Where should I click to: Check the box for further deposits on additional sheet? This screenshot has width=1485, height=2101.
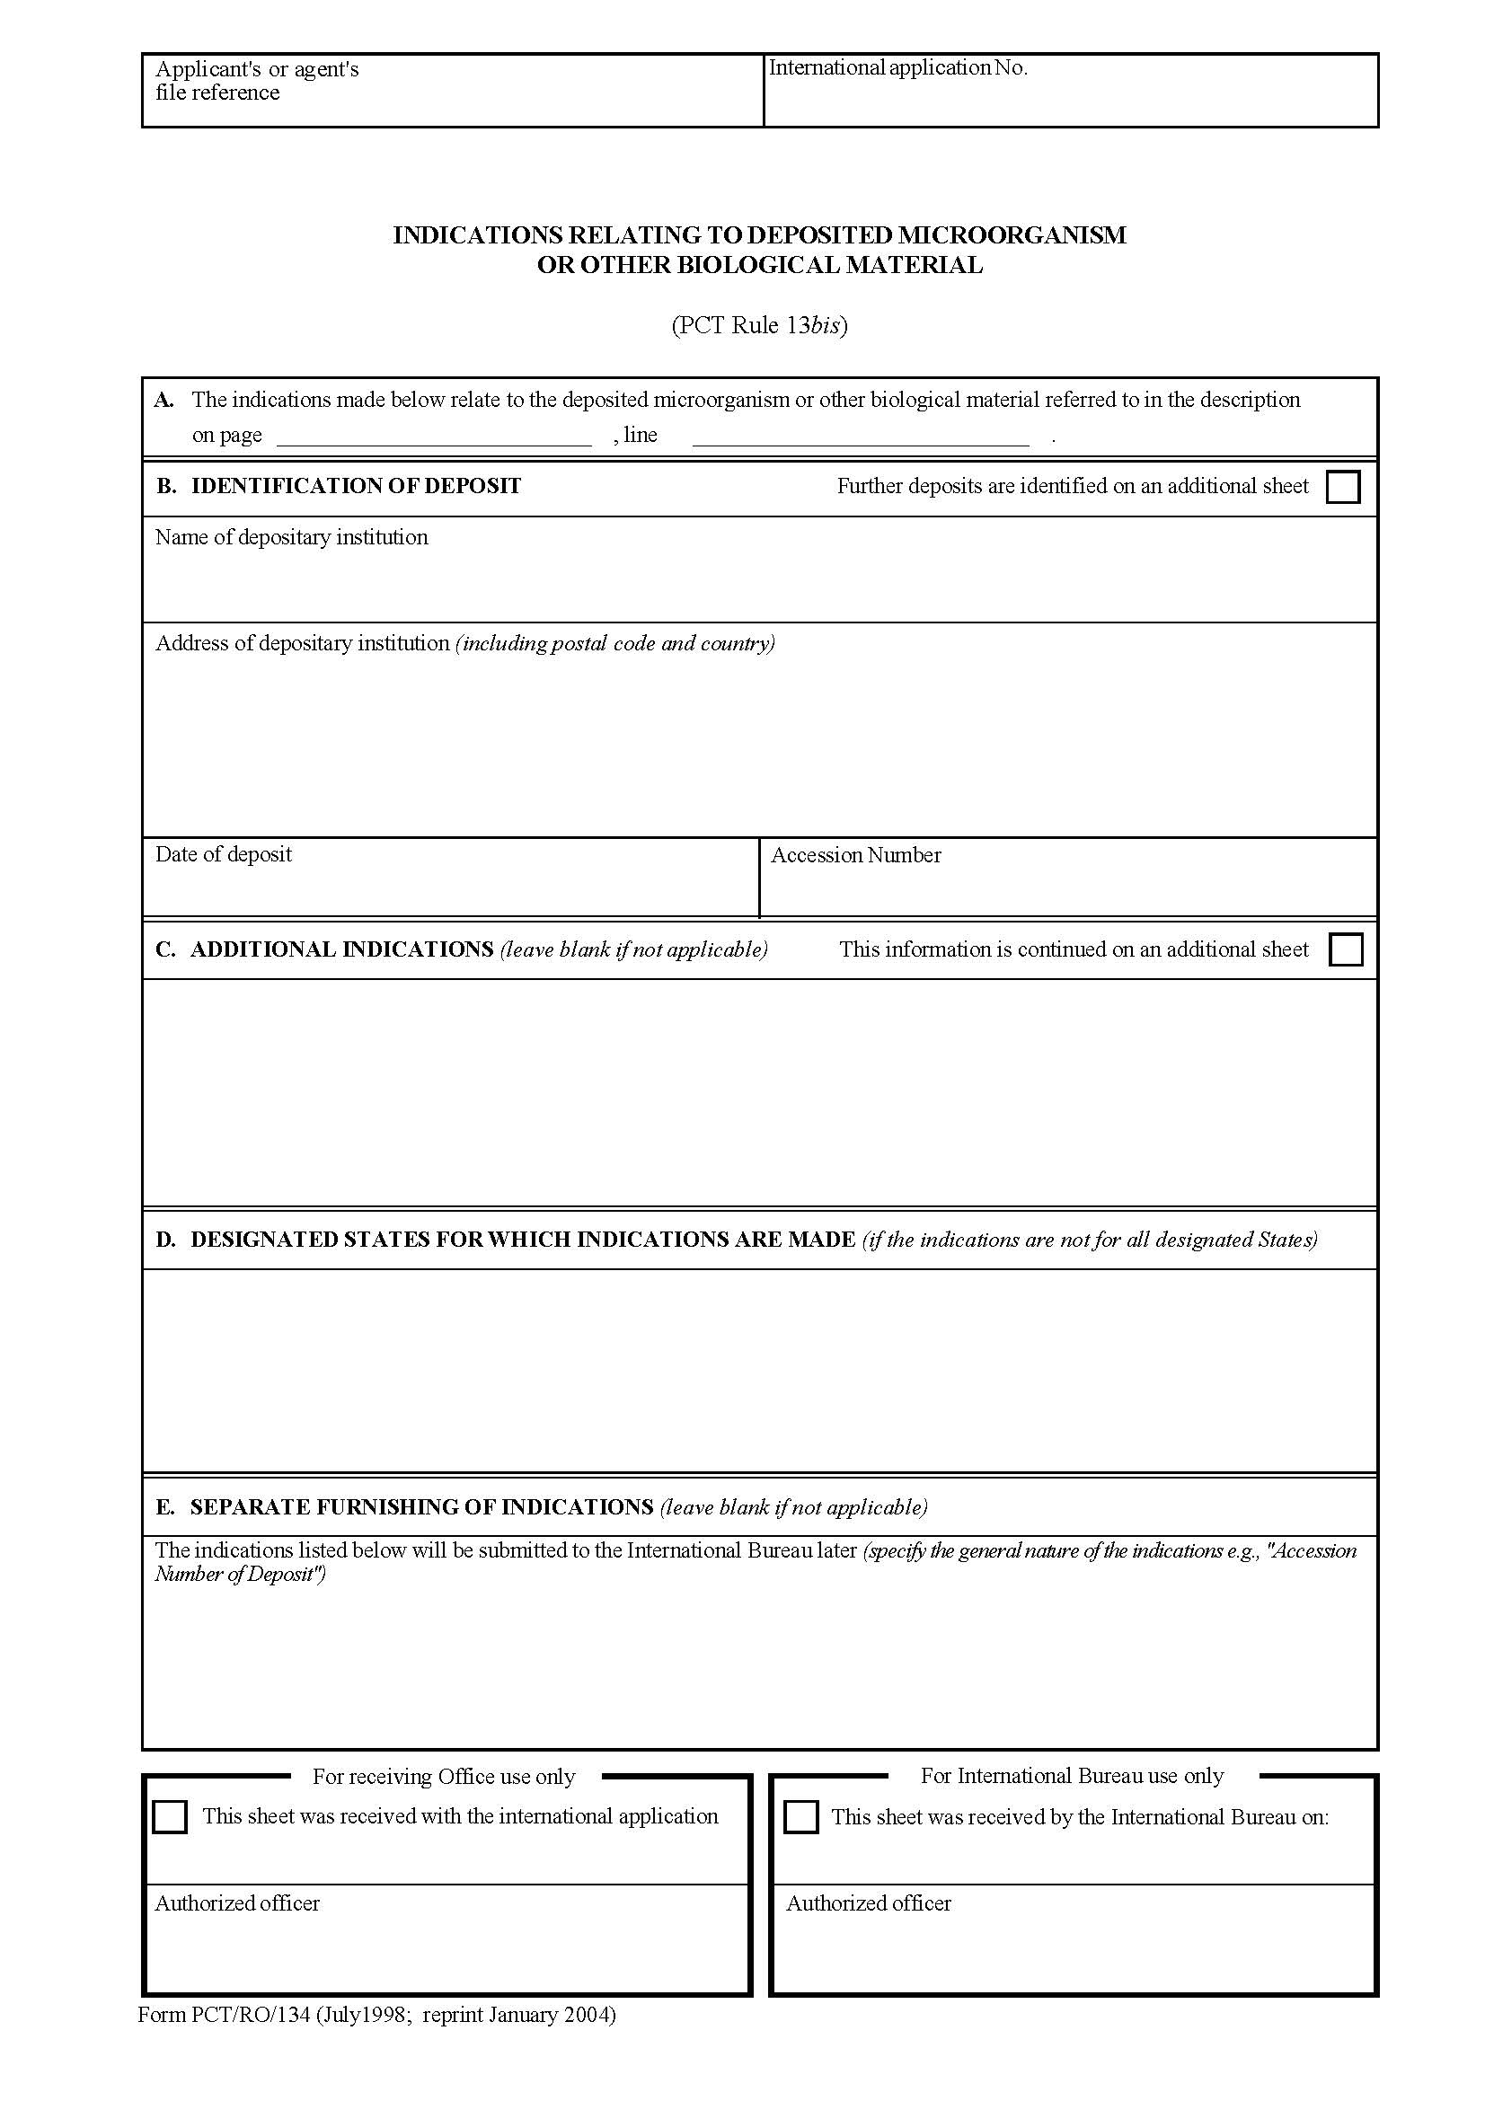click(1342, 487)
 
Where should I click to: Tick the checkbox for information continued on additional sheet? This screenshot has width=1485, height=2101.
click(1344, 949)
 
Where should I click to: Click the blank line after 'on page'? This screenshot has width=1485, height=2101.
click(434, 437)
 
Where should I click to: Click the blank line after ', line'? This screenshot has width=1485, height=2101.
click(860, 437)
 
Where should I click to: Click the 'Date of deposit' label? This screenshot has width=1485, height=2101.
click(224, 853)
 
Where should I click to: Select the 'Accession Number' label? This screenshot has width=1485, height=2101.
click(855, 854)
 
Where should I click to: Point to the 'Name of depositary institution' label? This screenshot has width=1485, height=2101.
click(291, 537)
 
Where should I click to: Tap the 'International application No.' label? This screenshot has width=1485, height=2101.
click(897, 67)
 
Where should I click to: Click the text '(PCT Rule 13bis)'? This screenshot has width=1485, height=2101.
click(759, 326)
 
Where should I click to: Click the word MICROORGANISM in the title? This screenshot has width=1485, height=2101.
click(1012, 235)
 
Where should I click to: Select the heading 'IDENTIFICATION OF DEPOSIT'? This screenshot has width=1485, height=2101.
click(356, 486)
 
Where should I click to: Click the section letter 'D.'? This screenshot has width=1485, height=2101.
click(164, 1240)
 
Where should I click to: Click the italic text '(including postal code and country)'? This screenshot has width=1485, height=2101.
click(614, 643)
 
